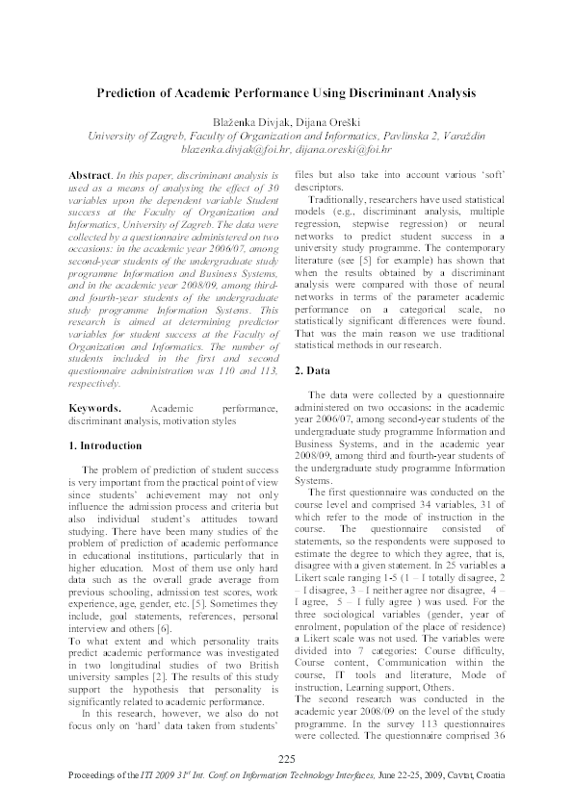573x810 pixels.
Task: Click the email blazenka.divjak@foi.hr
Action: coord(229,151)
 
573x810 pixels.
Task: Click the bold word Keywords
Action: coord(95,408)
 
